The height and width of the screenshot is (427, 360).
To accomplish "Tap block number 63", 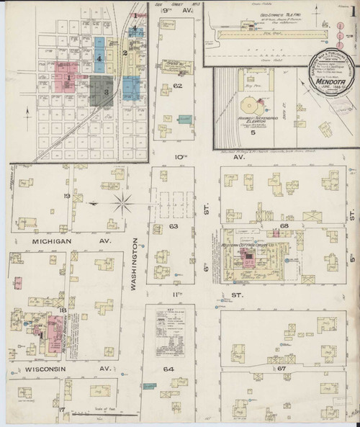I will pos(173,226).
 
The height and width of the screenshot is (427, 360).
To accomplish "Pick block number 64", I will pos(168,369).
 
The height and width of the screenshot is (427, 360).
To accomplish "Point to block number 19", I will pos(66,196).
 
